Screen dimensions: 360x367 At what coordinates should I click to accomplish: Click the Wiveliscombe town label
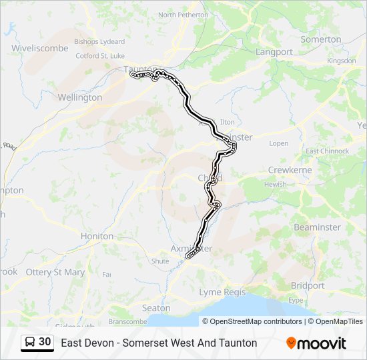(x=39, y=48)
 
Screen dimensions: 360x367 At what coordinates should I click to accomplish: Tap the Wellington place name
(x=80, y=97)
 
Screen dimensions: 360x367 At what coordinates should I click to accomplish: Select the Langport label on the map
(x=274, y=51)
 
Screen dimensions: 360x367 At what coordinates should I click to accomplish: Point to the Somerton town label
(x=321, y=39)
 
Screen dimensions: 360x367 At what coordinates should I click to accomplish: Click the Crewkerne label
(x=290, y=170)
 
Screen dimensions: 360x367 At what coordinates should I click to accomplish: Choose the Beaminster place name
(x=317, y=227)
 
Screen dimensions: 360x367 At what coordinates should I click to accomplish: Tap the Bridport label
(x=308, y=285)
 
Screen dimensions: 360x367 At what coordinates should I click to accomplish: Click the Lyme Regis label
(x=222, y=292)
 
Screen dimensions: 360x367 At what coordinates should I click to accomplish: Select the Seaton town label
(x=156, y=308)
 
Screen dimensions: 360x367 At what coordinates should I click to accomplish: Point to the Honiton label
(x=97, y=236)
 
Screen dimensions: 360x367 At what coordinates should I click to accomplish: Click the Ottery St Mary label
(x=55, y=272)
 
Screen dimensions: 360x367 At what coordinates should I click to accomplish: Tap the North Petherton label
(x=183, y=15)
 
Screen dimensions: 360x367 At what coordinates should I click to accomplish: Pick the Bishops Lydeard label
(x=99, y=41)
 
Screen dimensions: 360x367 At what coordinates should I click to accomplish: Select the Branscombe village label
(x=127, y=321)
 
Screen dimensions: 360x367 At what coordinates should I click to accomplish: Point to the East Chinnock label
(x=327, y=151)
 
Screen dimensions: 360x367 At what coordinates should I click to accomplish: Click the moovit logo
(x=316, y=343)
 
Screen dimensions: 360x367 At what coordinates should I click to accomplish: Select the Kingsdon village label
(x=342, y=61)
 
